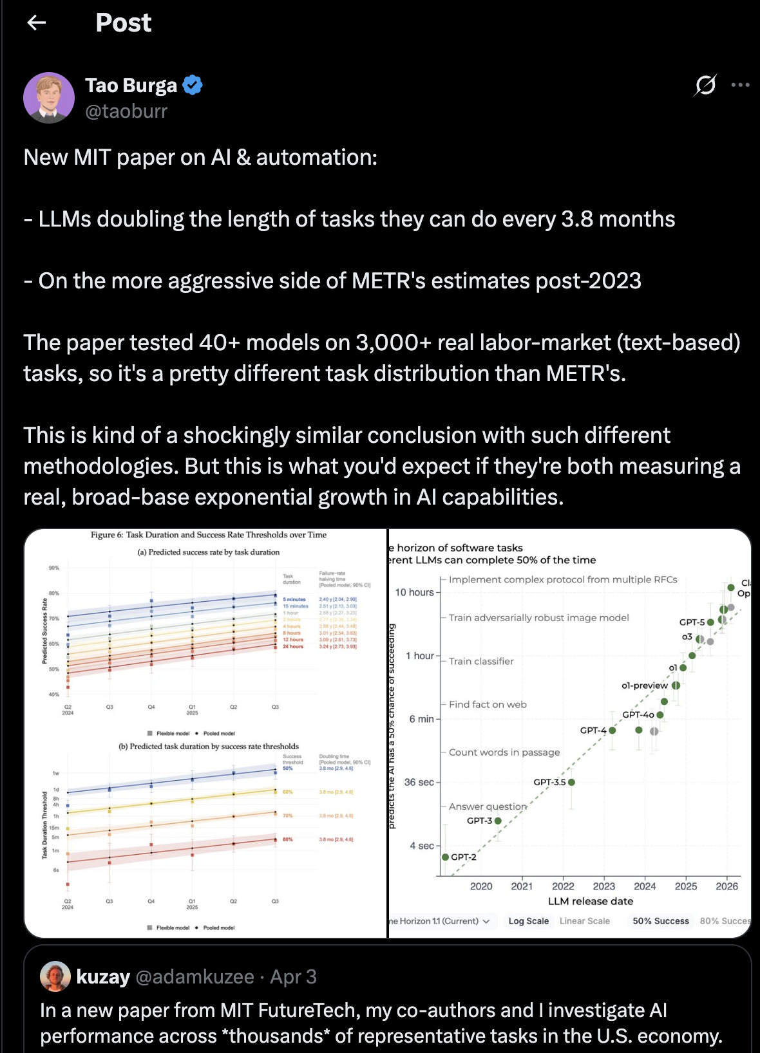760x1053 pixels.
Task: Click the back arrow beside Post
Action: pos(37,23)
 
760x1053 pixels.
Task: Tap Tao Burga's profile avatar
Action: pos(49,98)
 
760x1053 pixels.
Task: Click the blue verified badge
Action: pos(193,85)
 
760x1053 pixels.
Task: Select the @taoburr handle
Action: pos(126,111)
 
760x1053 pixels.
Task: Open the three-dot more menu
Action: pos(740,85)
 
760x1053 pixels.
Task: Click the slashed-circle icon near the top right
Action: pos(705,85)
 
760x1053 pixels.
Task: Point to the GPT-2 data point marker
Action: pos(445,857)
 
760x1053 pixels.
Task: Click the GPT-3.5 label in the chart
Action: pos(549,782)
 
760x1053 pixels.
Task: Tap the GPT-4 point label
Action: pos(593,731)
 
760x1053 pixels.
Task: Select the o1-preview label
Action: pos(644,685)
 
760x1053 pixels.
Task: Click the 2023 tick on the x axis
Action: pos(603,886)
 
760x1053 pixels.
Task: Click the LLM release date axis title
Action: pos(590,901)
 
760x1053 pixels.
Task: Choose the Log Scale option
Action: pos(528,921)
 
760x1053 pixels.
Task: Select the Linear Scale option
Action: pos(584,921)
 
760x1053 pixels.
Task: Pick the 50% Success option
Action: pos(660,921)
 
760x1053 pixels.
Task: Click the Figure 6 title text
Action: pos(209,535)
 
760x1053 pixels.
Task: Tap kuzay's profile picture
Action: pos(55,976)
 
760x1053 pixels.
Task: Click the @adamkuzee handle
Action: pos(195,977)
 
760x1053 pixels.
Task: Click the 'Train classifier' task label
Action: pos(481,661)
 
